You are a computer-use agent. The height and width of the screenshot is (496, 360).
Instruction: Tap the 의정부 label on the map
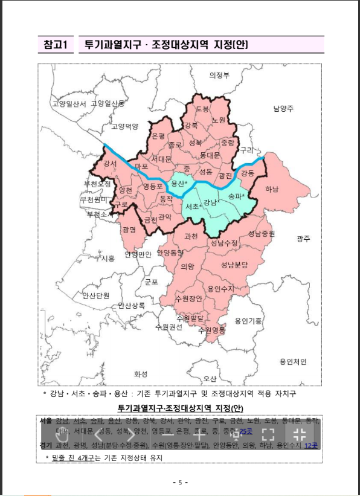coord(219,76)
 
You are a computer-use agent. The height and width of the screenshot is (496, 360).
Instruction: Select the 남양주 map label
coord(283,109)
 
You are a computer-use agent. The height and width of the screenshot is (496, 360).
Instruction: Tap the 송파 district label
coord(236,196)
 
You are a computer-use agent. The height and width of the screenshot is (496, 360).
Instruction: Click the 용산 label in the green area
coord(179,183)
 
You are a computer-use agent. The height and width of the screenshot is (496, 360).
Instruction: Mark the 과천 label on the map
coord(191,236)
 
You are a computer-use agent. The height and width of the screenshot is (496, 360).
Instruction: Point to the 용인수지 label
coord(220,289)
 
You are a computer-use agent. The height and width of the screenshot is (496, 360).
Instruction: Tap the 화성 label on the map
coord(141,373)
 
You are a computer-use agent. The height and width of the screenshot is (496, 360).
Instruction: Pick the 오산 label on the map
coord(210,379)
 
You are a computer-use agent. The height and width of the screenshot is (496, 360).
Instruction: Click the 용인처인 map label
coord(293,361)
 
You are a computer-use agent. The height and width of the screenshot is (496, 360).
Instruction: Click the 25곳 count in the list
coord(245,431)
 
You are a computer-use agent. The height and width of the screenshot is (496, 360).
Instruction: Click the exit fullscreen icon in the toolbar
coord(298,434)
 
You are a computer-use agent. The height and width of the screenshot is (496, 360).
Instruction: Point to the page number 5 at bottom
coord(180,482)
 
